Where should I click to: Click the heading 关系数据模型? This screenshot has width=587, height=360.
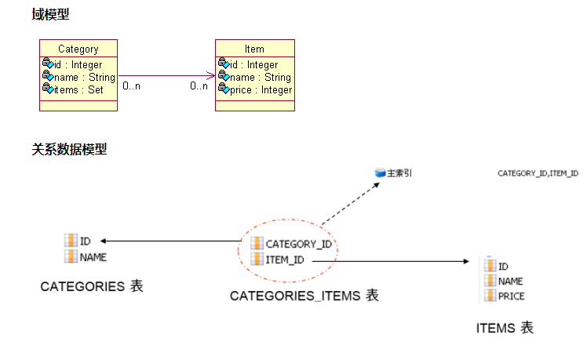69,149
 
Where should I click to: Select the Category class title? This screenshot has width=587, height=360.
78,49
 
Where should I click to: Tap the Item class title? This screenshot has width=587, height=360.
254,49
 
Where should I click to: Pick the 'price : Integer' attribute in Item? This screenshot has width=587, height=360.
261,90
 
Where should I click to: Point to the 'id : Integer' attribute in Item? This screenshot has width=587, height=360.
253,65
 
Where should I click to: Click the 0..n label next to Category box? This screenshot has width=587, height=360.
132,85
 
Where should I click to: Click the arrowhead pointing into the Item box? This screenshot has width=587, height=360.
210,76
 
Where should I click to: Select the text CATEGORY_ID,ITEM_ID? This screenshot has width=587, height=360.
538,173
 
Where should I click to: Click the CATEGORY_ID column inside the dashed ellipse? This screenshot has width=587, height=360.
298,244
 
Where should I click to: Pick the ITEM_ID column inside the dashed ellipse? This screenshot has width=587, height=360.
286,260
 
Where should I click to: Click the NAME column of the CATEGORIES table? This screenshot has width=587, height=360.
93,256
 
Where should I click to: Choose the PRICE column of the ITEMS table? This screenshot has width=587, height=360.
512,296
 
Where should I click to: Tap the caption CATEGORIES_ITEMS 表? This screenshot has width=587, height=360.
304,296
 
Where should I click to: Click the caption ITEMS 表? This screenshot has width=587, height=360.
505,328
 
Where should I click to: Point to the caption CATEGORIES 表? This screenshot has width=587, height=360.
92,286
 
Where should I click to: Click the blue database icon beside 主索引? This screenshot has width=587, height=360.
381,172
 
